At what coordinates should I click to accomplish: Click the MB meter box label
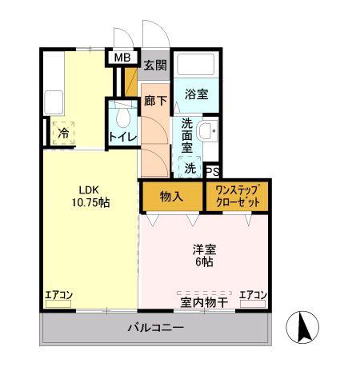click(122, 58)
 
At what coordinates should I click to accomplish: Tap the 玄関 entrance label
click(155, 66)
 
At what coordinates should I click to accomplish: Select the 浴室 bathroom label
click(197, 94)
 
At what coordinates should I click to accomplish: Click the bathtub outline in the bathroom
click(196, 65)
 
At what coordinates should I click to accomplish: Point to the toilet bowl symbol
click(123, 118)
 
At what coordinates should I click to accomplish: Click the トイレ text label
click(122, 138)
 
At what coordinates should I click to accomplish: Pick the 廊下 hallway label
click(155, 101)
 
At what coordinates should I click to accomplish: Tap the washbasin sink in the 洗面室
click(207, 130)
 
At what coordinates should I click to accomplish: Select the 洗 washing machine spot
click(190, 168)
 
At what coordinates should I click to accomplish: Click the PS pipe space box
click(213, 171)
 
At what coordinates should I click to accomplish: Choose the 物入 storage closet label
click(171, 197)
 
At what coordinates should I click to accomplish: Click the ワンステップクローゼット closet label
click(238, 197)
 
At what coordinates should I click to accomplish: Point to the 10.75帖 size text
click(90, 203)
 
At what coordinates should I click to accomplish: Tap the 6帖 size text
click(205, 262)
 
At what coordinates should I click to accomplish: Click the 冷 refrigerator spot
click(63, 133)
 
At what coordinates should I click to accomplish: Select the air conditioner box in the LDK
click(58, 304)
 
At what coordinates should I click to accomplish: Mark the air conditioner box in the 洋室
click(253, 304)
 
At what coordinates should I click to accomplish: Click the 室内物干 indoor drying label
click(204, 302)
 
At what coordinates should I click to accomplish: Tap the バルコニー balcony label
click(156, 328)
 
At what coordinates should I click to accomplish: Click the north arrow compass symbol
click(302, 327)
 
